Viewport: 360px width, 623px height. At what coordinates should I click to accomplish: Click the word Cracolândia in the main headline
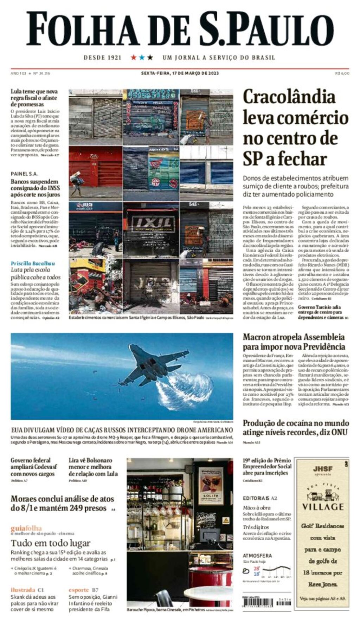click(x=289, y=97)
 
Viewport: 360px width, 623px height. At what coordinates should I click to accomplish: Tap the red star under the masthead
click(x=134, y=57)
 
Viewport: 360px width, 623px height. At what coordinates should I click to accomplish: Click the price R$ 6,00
click(x=342, y=73)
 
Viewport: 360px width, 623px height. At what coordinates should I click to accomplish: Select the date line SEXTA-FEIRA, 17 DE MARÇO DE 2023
click(x=180, y=73)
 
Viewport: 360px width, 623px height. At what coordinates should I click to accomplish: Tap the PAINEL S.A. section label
click(x=24, y=174)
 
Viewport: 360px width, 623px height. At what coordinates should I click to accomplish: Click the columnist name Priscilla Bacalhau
click(x=33, y=263)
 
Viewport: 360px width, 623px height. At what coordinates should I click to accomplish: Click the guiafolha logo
click(x=26, y=528)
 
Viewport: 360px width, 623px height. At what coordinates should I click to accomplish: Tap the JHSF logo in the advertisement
click(x=323, y=469)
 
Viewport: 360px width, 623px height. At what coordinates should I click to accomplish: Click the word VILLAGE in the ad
click(x=323, y=507)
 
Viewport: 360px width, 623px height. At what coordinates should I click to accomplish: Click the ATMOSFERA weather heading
click(x=257, y=556)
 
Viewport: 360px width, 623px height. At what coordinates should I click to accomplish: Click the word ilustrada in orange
click(x=23, y=590)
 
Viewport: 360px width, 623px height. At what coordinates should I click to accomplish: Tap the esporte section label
click(x=79, y=590)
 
